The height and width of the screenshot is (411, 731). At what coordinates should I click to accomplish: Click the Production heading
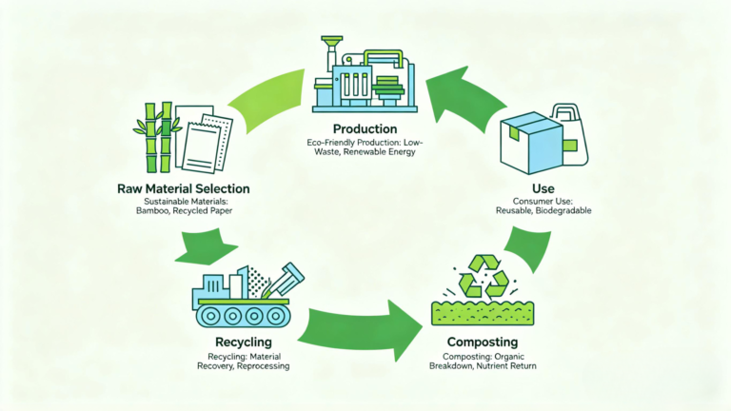tap(365, 128)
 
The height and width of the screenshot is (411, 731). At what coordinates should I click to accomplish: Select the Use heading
tap(545, 189)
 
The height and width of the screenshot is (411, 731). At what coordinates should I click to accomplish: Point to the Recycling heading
tap(243, 341)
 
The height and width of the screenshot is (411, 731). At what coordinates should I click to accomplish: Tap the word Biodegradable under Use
tap(563, 210)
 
